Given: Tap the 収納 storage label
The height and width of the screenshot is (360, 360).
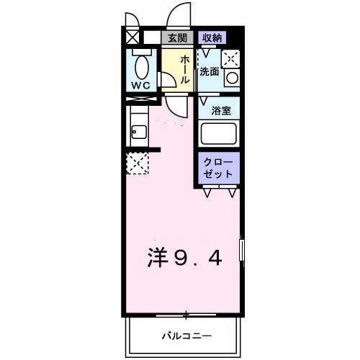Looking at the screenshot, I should pyautogui.click(x=211, y=37).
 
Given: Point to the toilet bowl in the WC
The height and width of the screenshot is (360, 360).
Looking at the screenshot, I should pyautogui.click(x=142, y=67).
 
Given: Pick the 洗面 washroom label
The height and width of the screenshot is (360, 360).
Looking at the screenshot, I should pyautogui.click(x=209, y=72).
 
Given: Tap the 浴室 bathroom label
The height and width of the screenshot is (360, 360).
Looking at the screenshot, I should pyautogui.click(x=220, y=112).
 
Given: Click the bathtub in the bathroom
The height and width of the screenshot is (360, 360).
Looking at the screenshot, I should pyautogui.click(x=220, y=135).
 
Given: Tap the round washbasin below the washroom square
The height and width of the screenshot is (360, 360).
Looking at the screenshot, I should pyautogui.click(x=231, y=77).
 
